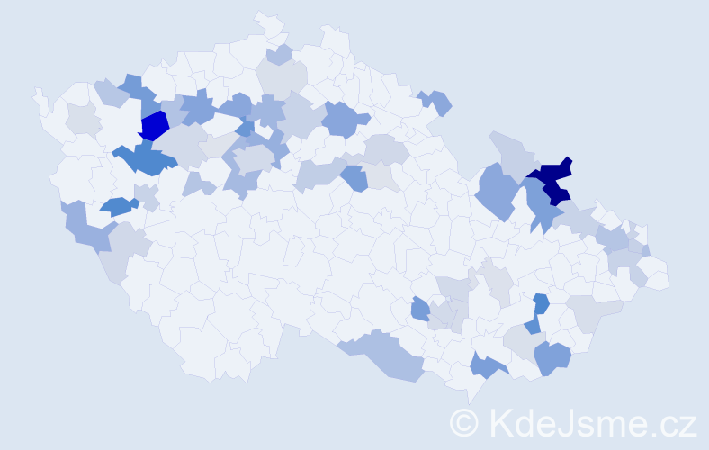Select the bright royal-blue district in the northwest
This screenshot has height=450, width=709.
point(155,125)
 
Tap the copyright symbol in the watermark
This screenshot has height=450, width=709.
point(464,421)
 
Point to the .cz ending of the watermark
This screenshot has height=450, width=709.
point(670,421)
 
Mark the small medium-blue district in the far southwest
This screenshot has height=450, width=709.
point(117,206)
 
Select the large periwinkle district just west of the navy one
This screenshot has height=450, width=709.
point(498,189)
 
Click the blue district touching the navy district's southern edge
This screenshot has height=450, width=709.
point(541,205)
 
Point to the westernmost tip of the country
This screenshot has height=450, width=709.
point(36,91)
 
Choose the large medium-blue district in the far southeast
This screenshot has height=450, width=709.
point(552,357)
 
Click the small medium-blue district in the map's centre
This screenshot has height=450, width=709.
point(354,178)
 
